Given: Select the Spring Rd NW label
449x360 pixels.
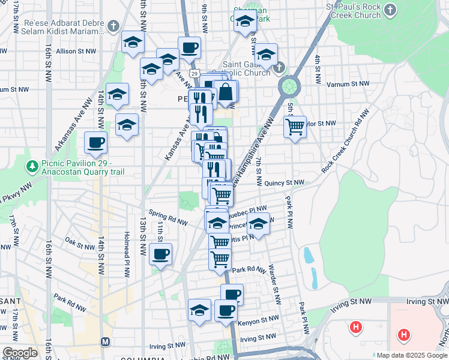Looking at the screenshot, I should (169, 217).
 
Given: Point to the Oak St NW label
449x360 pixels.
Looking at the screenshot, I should (79, 243).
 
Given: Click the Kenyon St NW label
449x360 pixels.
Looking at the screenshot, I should (258, 322).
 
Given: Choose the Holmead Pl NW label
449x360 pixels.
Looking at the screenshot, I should (127, 255).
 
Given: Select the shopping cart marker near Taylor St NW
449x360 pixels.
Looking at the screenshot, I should (295, 127).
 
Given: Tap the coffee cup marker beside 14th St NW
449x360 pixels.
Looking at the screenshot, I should (96, 143).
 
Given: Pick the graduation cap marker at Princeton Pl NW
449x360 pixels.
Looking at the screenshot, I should (259, 225).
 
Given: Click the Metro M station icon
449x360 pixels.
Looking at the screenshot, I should (106, 341).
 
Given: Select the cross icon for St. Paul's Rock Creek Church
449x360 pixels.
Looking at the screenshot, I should (390, 10).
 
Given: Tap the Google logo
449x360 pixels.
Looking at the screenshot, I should (20, 353).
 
